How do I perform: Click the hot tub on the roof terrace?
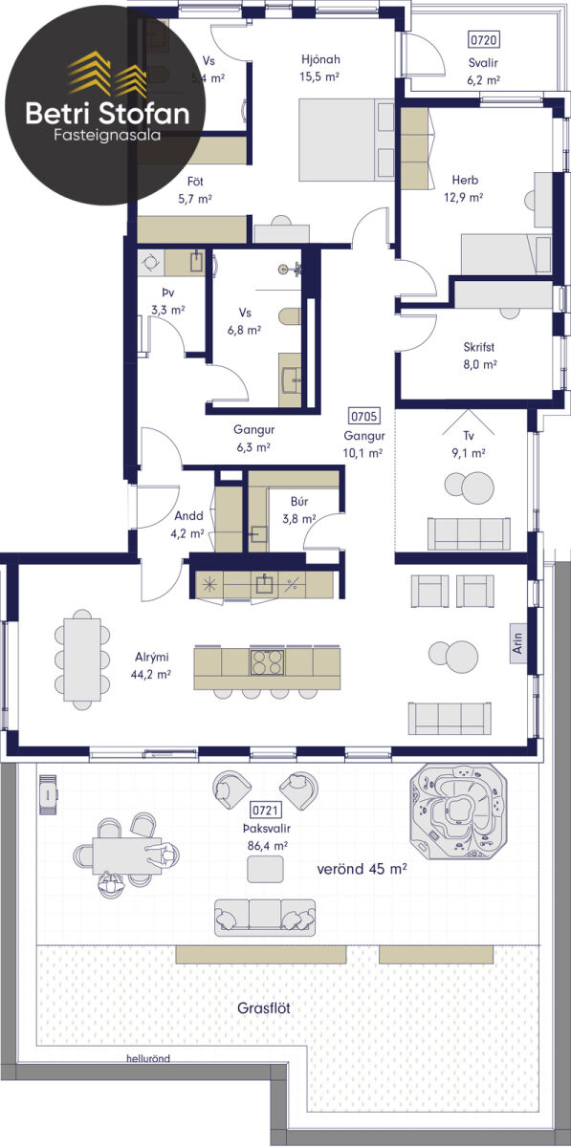pyautogui.click(x=459, y=812)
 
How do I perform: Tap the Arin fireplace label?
pyautogui.click(x=517, y=643)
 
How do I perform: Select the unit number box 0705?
pyautogui.click(x=363, y=417)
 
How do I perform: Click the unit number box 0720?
pyautogui.click(x=484, y=39)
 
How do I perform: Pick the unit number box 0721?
pyautogui.click(x=266, y=810)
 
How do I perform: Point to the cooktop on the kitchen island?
pyautogui.click(x=267, y=661)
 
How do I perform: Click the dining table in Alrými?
pyautogui.click(x=82, y=660)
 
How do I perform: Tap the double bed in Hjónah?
pyautogui.click(x=346, y=140)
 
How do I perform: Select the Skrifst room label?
pyautogui.click(x=479, y=347)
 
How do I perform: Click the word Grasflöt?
pyautogui.click(x=263, y=1008)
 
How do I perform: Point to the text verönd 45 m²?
pyautogui.click(x=362, y=869)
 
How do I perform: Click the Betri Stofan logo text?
pyautogui.click(x=108, y=113)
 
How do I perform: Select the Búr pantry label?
pyautogui.click(x=299, y=501)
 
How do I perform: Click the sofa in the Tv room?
pyautogui.click(x=469, y=533)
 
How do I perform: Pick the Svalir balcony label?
pyautogui.click(x=483, y=62)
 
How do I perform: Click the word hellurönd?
pyautogui.click(x=148, y=1058)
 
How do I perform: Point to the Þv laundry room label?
pyautogui.click(x=168, y=292)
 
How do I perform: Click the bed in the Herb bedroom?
pyautogui.click(x=506, y=254)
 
